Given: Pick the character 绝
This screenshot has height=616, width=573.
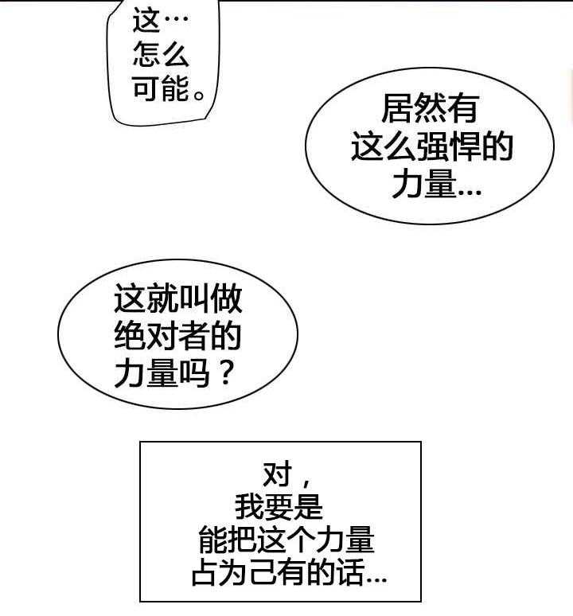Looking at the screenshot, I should tap(130, 338).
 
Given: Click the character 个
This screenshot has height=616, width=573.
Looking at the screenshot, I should tap(302, 540).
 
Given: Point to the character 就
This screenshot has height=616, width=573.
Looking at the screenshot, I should tap(162, 301).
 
